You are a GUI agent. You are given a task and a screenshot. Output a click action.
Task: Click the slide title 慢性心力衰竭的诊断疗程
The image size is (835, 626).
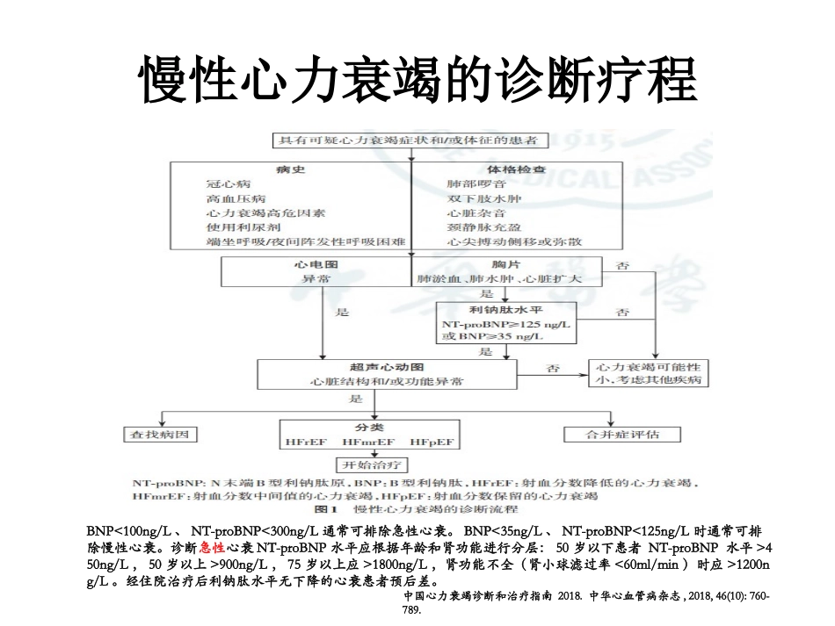tap(418, 81)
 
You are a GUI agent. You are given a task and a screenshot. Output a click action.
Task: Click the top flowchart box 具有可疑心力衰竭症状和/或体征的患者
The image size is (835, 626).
tap(409, 140)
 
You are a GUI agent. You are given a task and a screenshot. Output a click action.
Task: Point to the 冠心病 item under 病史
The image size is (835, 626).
tap(229, 184)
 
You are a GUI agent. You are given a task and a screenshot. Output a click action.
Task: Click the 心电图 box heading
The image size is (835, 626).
tap(316, 263)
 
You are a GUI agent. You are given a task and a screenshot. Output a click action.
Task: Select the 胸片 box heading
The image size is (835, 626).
tap(505, 263)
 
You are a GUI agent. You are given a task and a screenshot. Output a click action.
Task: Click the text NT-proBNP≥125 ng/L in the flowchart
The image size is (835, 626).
tap(505, 325)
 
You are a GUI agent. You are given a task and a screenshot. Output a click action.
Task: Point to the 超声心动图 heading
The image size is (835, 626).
tap(387, 367)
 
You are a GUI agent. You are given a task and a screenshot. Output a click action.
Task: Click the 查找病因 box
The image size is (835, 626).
tap(158, 435)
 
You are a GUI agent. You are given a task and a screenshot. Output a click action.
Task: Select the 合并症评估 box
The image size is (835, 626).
tap(621, 435)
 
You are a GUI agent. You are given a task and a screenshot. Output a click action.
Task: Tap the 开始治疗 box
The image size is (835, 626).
tap(370, 464)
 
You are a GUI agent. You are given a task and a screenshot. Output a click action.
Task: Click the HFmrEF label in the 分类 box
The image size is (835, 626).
tap(369, 442)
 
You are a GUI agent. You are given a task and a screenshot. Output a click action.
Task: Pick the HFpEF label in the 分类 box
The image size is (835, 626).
tap(432, 442)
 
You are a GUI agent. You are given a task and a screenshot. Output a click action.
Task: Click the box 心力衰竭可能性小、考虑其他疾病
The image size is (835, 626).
tap(649, 373)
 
